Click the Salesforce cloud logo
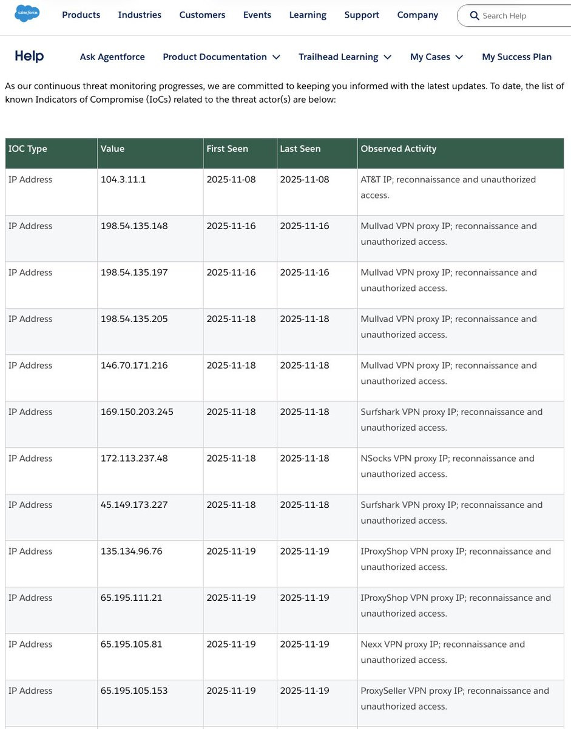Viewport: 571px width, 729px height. tap(27, 13)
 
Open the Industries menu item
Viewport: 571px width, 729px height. tap(140, 15)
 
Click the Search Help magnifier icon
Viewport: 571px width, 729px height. tap(475, 16)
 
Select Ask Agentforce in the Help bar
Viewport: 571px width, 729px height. tap(112, 56)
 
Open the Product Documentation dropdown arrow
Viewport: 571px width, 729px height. tap(276, 57)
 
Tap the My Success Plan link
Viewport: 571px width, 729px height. tap(516, 56)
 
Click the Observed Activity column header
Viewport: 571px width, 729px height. tap(398, 149)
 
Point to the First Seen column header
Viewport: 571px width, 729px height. tap(227, 149)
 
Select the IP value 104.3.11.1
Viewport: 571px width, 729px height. tap(123, 180)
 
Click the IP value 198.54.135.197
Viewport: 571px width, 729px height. tap(134, 273)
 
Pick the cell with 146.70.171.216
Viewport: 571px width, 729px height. tap(134, 366)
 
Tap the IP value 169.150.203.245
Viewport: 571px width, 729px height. tap(137, 412)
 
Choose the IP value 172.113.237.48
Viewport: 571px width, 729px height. tap(134, 459)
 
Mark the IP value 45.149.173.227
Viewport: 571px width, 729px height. tap(134, 505)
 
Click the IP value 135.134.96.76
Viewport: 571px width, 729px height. tap(132, 552)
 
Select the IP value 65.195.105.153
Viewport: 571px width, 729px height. tap(134, 691)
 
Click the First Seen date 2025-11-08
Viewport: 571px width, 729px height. tap(231, 180)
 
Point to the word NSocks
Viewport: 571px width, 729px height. tap(376, 459)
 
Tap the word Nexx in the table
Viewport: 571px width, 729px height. tap(371, 645)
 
